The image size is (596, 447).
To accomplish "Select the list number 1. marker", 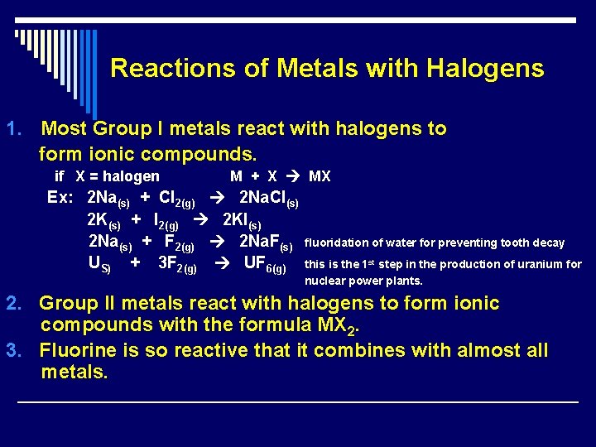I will click(14, 129).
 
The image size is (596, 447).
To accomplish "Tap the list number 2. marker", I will click(14, 303).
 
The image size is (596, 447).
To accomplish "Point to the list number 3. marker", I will click(14, 350).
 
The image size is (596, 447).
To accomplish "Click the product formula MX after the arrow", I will click(320, 176).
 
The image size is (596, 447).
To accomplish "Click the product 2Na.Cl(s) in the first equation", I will click(268, 199).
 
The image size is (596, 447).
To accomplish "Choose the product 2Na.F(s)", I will click(266, 243).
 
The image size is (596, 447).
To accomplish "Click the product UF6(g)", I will click(265, 265).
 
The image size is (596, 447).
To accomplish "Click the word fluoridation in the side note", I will click(336, 243).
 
